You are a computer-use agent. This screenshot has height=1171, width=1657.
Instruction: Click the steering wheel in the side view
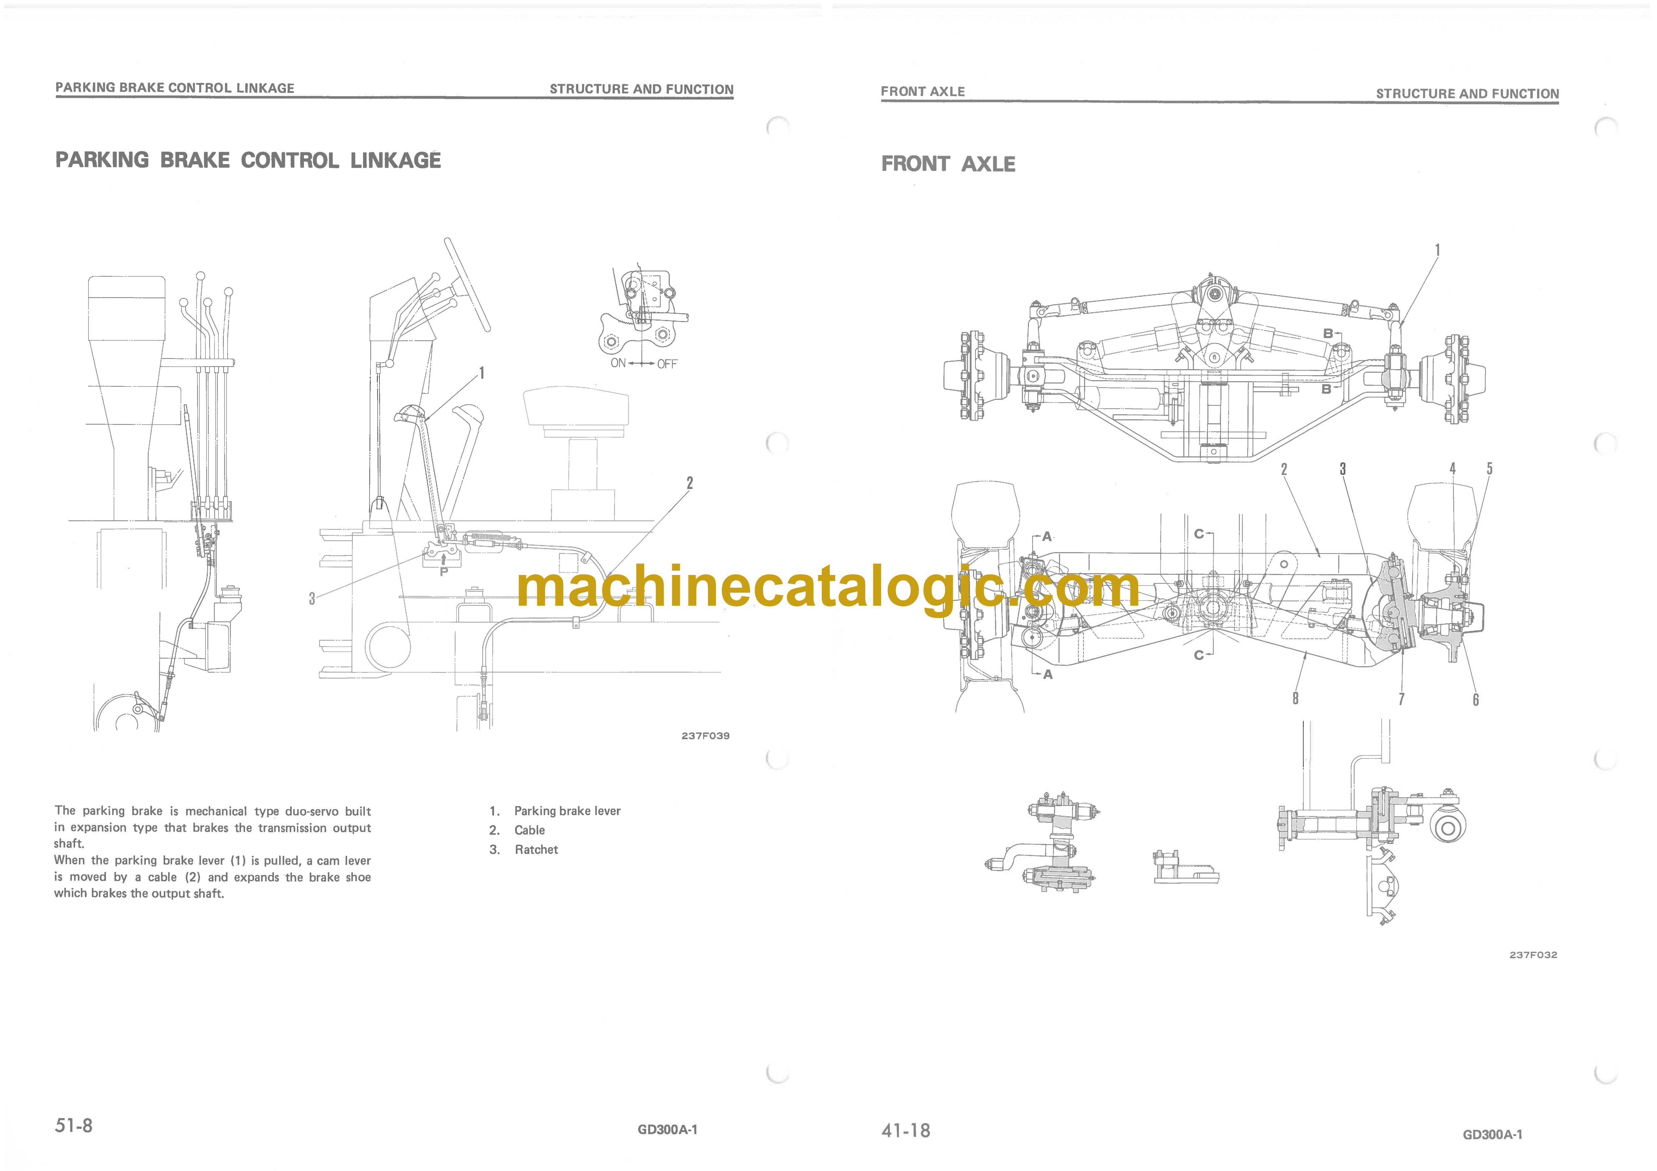467,284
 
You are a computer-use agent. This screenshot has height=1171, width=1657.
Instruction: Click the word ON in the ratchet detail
618,363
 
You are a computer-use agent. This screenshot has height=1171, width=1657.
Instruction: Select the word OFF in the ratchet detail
667,364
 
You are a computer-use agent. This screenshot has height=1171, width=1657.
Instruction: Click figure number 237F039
705,736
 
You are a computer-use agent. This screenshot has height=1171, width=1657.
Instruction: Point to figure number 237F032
1533,955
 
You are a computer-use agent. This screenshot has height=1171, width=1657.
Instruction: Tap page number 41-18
906,1130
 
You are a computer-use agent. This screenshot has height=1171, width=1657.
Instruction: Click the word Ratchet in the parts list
536,850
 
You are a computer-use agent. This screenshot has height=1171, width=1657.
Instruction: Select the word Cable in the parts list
530,830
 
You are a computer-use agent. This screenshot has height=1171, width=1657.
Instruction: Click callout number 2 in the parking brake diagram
690,483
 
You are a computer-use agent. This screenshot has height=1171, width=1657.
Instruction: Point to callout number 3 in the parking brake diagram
312,598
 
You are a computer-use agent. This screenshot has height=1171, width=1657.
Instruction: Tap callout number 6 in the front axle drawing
1476,700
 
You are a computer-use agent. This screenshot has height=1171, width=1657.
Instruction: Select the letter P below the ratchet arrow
444,571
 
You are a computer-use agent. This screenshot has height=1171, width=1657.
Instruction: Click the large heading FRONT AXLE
948,164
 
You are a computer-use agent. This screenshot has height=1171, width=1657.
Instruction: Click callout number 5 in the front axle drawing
1490,468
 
